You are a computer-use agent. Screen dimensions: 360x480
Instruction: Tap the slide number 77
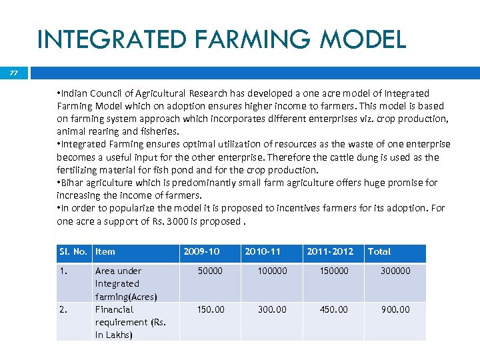(x=14, y=73)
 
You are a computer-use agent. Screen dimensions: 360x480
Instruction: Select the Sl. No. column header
(x=73, y=251)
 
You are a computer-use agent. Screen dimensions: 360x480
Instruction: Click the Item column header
(x=105, y=251)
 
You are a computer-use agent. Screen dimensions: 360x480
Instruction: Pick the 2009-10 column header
(x=201, y=251)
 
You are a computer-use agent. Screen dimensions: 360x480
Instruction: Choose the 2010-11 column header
(x=263, y=251)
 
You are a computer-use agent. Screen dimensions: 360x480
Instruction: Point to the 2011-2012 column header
(x=330, y=251)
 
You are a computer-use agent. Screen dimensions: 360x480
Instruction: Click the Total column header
(x=379, y=251)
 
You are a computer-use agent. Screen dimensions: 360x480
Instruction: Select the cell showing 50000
(x=211, y=271)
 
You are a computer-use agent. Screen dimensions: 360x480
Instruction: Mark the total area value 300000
(x=395, y=271)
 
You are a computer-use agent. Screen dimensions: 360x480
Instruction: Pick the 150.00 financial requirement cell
(x=211, y=309)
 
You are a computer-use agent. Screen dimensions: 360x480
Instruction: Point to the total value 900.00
(x=395, y=309)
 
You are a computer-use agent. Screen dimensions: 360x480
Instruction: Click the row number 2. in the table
(x=63, y=309)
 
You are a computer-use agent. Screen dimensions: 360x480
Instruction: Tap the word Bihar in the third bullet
(x=73, y=183)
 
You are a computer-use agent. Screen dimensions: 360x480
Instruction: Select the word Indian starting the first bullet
(x=75, y=93)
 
